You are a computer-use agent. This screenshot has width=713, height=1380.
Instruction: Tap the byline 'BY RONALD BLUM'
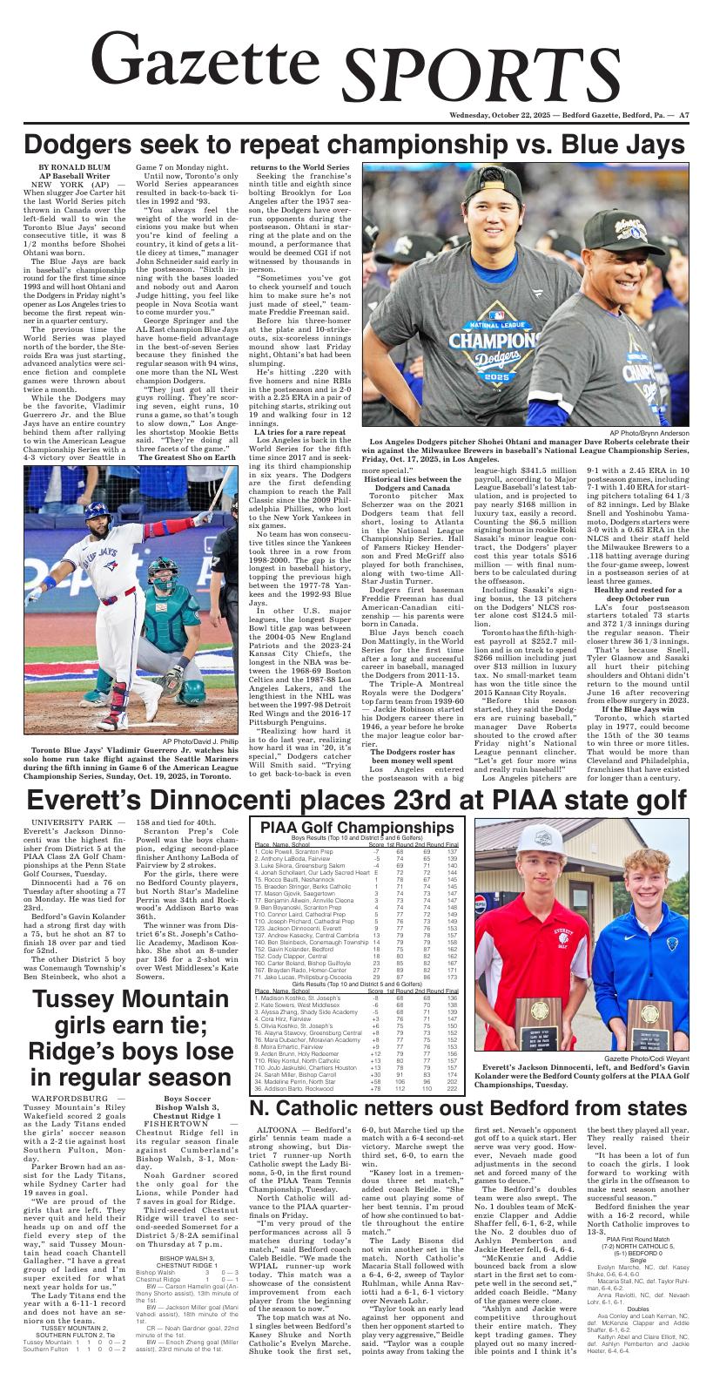tap(68, 167)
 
